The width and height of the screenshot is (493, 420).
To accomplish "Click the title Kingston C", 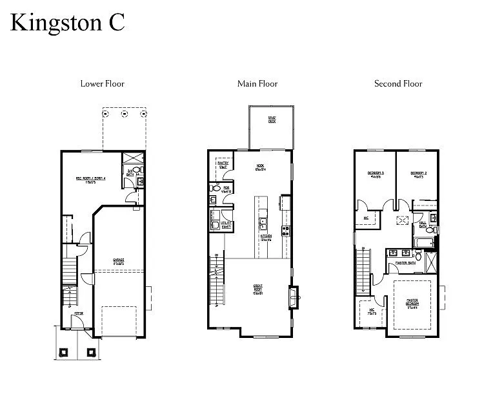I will [x=67, y=23].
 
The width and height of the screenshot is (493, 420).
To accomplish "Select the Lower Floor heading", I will [x=102, y=83].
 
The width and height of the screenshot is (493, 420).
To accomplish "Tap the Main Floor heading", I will [x=257, y=83].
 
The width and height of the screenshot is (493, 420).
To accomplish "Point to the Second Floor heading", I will [x=398, y=83].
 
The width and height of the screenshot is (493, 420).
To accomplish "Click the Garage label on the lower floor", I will [x=118, y=262].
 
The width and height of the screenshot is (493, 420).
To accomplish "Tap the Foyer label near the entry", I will [x=78, y=313].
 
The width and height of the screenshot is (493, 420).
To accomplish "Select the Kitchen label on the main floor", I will [x=266, y=238].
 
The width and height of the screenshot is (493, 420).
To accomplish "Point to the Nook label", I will [x=260, y=167].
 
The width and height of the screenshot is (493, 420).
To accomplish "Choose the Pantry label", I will [x=223, y=165].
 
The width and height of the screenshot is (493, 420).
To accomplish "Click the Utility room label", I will [x=226, y=224].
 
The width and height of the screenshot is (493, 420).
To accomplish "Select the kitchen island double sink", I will [x=263, y=224].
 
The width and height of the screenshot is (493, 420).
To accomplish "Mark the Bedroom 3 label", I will [x=376, y=174].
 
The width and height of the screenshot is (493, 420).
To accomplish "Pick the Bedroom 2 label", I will [x=418, y=174].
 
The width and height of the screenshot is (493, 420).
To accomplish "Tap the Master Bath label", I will [x=405, y=263].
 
